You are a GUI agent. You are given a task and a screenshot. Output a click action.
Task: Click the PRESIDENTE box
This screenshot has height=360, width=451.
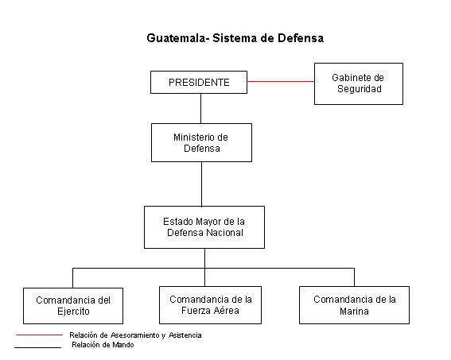point(199,82)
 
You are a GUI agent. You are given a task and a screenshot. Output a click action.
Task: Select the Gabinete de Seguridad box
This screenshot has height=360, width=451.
point(359,83)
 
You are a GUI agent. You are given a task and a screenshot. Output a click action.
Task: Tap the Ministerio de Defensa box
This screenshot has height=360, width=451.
point(201,142)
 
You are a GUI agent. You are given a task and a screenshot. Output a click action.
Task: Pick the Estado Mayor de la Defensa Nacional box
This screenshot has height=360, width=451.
point(204,227)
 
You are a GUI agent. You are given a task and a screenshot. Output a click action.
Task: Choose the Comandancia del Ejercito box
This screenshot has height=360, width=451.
point(73,306)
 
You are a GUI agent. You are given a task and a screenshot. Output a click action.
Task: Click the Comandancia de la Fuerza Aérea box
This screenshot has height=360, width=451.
point(210,305)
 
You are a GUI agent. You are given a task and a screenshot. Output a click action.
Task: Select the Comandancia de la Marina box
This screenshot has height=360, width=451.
point(355,305)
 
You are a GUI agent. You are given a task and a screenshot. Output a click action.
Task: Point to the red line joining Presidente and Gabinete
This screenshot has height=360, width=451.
point(281,81)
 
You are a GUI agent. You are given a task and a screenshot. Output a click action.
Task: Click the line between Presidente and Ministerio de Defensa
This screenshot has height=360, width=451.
point(200,109)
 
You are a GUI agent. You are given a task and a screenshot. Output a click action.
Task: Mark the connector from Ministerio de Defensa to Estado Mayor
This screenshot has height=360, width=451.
point(201,184)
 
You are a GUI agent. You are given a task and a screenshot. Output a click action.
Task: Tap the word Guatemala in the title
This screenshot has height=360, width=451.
point(177,38)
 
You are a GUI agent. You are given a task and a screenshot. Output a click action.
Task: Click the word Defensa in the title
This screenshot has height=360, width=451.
point(301,38)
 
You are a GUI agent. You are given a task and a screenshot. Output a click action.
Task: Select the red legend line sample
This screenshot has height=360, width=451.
point(39,335)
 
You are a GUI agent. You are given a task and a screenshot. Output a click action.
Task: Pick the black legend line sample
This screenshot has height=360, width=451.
point(37,347)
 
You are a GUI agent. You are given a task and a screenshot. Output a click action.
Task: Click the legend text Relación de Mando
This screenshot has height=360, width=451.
point(103,345)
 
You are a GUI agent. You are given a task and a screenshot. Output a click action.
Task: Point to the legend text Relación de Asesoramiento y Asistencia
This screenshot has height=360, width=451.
point(135,335)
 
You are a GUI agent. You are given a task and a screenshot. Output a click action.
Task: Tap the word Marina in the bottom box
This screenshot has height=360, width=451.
point(354,312)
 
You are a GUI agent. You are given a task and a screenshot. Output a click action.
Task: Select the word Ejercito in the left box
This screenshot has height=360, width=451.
point(73,312)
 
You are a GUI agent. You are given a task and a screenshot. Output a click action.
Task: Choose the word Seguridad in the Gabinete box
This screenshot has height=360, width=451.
point(360,89)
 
